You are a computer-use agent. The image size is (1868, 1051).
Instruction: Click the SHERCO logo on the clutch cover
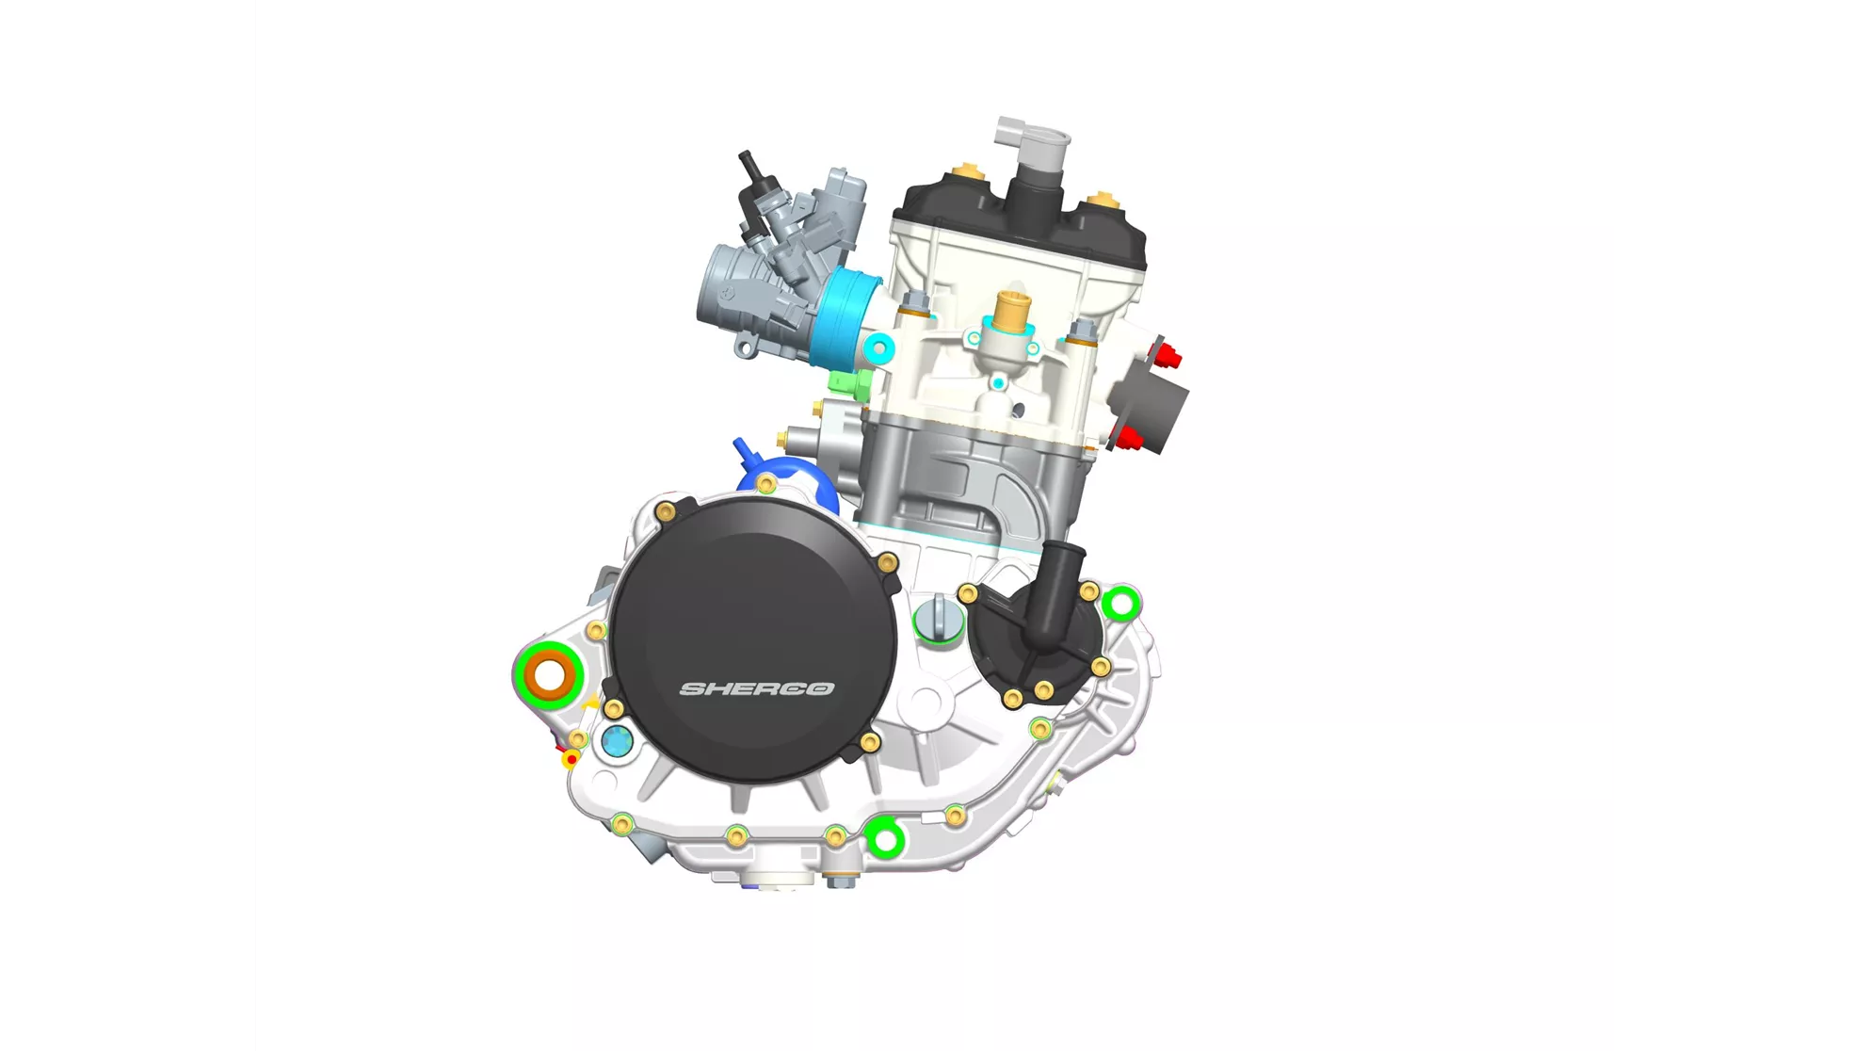pyautogui.click(x=757, y=688)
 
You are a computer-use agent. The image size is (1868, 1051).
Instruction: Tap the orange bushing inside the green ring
pyautogui.click(x=550, y=675)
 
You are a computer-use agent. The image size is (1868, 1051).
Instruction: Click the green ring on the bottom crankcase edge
pyautogui.click(x=884, y=838)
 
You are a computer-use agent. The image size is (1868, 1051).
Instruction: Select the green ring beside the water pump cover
pyautogui.click(x=1121, y=604)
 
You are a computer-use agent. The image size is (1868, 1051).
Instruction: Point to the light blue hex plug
pyautogui.click(x=617, y=741)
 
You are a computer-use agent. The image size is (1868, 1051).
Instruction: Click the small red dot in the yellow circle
pyautogui.click(x=571, y=758)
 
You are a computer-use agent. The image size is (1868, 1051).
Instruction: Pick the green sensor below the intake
pyautogui.click(x=849, y=382)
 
